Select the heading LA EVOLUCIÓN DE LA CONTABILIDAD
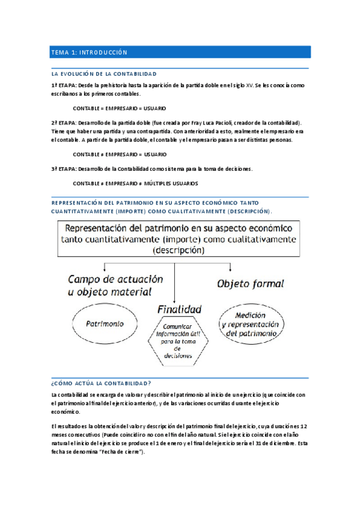tap(104, 73)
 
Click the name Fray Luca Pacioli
tap(212, 122)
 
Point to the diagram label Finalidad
tap(179, 309)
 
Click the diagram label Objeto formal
tap(251, 283)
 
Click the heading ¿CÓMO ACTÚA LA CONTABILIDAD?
tap(102, 383)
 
